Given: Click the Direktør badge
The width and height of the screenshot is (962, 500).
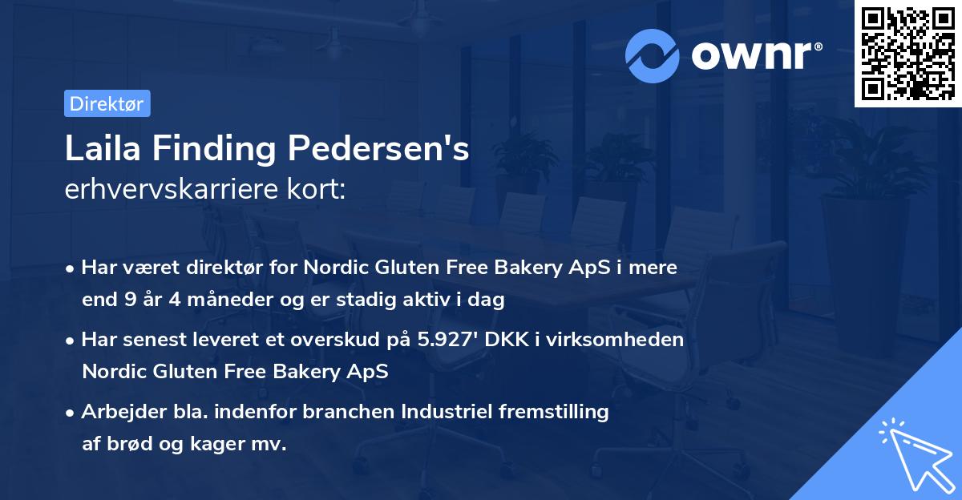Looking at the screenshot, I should pyautogui.click(x=107, y=103).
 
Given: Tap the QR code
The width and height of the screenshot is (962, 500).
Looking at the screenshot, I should pyautogui.click(x=907, y=54).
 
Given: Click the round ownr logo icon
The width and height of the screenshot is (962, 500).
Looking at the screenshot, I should pyautogui.click(x=653, y=55).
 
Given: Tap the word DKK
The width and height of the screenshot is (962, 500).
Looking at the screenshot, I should pyautogui.click(x=511, y=339).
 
